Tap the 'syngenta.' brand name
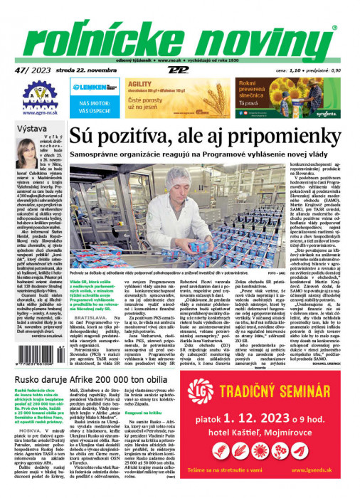[327, 115]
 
